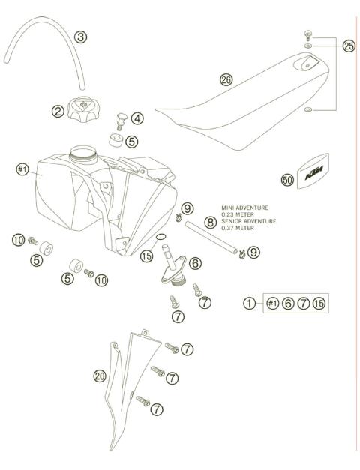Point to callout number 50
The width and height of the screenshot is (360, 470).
[287, 180]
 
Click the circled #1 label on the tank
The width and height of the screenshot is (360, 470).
[22, 170]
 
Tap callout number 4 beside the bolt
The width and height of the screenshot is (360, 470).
[137, 118]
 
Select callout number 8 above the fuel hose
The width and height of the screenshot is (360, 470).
[211, 222]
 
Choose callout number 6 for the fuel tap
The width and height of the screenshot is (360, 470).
[195, 263]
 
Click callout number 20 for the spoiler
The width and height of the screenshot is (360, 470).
[100, 376]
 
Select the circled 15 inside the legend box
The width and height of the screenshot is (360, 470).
[319, 303]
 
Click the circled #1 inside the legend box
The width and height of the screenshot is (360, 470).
[272, 303]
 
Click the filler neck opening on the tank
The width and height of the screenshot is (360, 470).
[84, 154]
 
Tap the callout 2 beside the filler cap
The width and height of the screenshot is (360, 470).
[57, 112]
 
